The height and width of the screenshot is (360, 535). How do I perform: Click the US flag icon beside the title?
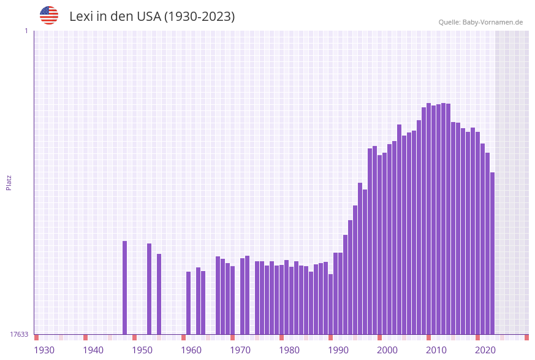49,15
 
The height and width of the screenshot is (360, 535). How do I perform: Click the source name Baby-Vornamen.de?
492,22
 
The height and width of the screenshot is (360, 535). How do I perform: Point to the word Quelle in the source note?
449,22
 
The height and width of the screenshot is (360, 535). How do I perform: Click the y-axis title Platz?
9,182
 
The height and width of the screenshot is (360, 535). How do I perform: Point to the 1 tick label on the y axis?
26,31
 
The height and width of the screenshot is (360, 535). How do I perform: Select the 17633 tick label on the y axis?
19,334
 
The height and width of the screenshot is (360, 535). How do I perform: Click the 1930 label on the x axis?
44,350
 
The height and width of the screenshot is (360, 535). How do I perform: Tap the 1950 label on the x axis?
142,350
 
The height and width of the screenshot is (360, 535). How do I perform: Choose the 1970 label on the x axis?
240,350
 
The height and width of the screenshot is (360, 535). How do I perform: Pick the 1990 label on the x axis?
338,350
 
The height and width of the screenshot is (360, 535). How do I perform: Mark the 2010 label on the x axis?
436,350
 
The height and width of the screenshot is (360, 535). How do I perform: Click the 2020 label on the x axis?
485,350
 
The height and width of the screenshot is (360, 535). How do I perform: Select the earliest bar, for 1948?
125,288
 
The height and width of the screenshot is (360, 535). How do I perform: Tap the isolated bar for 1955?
159,294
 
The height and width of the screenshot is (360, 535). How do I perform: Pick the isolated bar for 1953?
150,289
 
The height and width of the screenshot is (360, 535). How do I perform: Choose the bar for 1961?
189,303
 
